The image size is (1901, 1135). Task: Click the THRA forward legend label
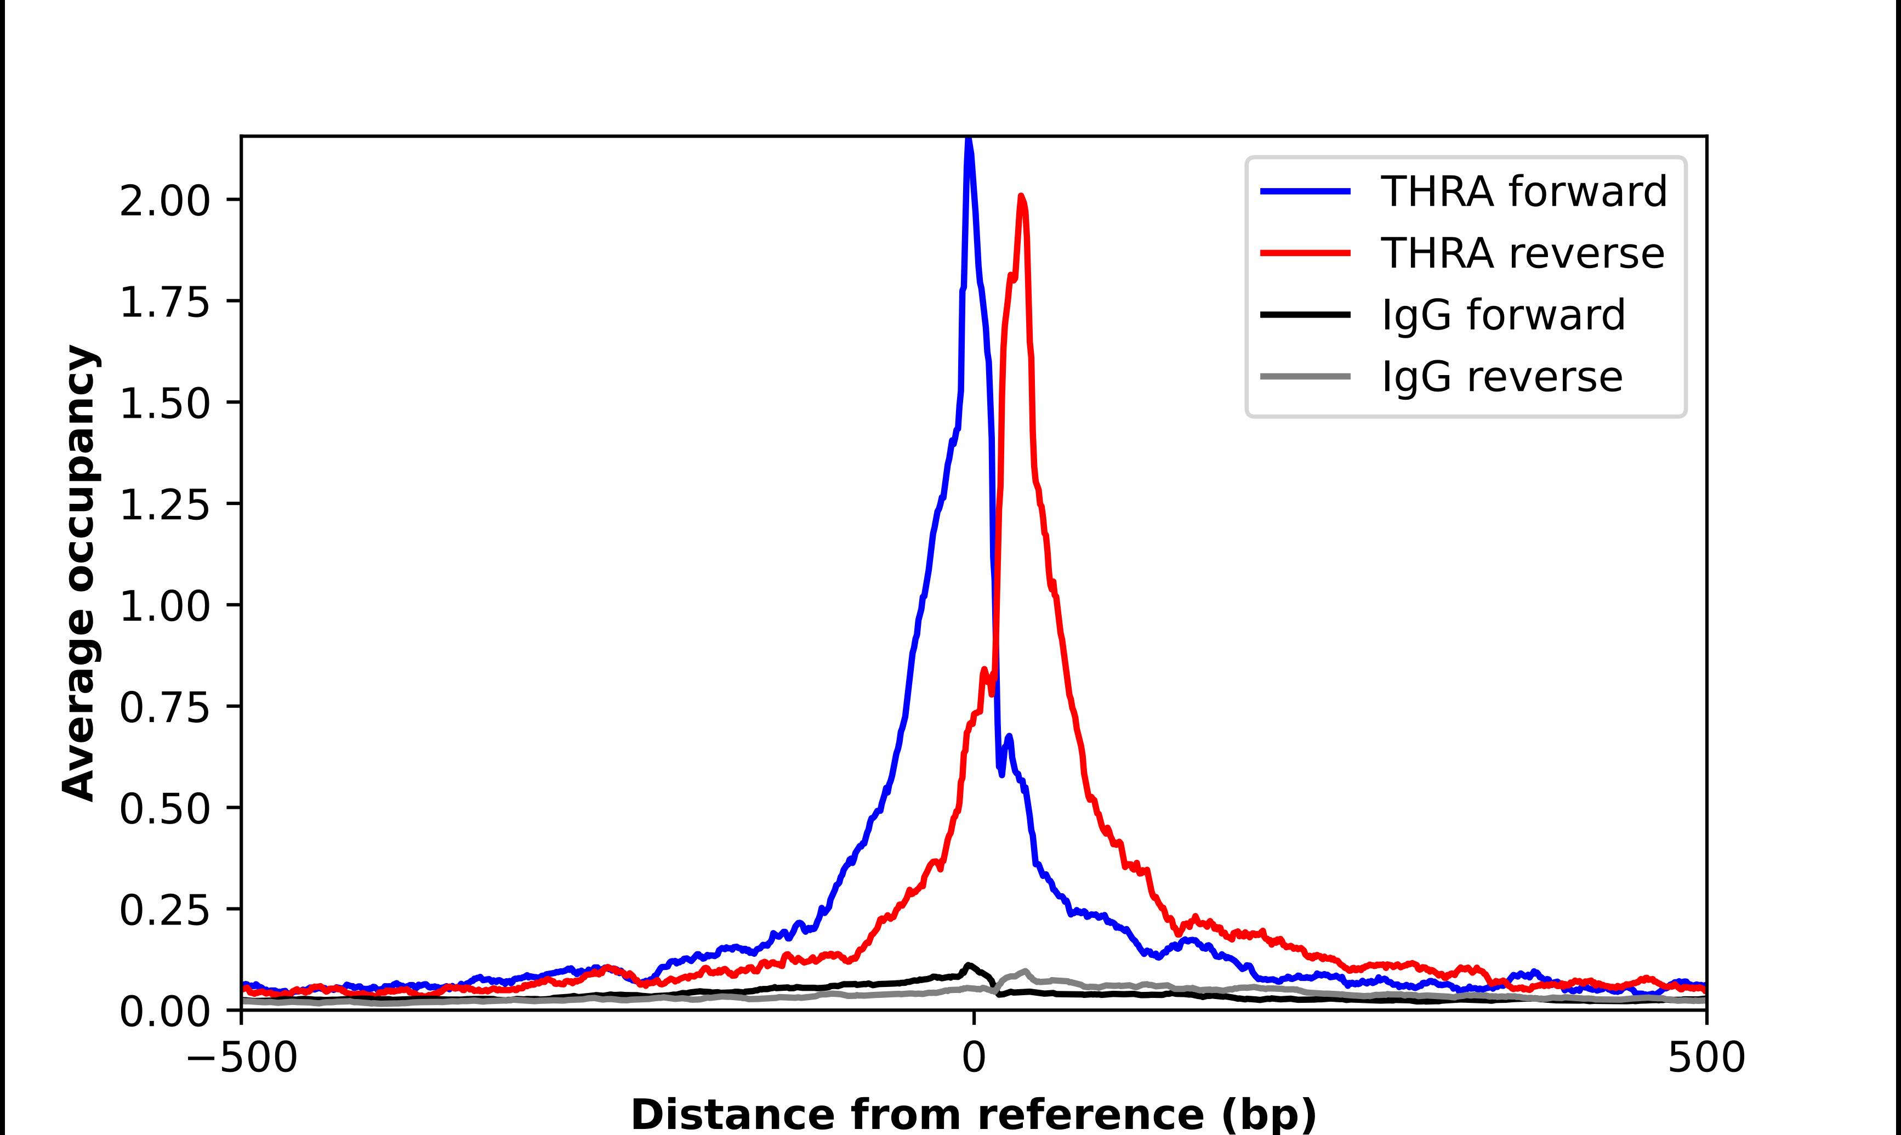1523,191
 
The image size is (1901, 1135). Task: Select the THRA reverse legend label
1522,253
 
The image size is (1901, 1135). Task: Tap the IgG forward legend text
1502,315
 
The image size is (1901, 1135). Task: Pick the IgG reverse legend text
1501,377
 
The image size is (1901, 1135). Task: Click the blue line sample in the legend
1305,191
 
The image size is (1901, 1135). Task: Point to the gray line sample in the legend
1305,376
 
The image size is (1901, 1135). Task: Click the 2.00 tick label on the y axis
164,201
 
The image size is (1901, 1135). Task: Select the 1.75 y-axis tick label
164,303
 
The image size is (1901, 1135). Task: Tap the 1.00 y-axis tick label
164,606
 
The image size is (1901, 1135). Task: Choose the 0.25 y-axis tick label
164,910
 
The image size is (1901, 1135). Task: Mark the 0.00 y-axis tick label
164,1012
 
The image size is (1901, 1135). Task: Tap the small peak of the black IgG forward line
969,965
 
